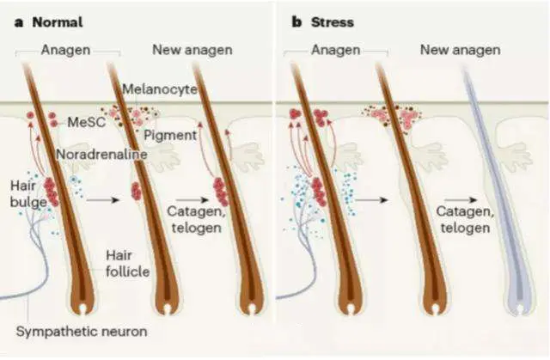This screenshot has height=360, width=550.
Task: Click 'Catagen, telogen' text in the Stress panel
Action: coord(464,219)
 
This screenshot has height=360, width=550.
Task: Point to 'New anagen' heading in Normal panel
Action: coord(192,49)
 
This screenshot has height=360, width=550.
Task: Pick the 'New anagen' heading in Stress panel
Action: coord(460,49)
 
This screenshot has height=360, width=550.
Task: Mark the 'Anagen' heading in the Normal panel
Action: coord(65,49)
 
